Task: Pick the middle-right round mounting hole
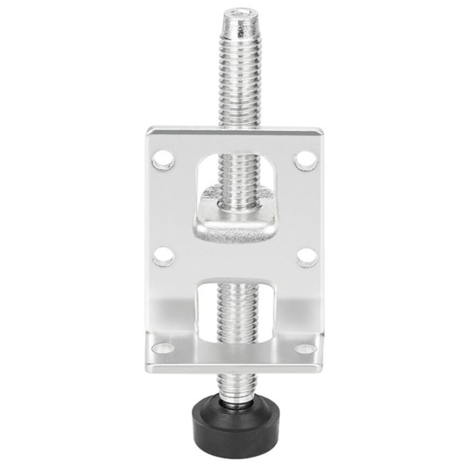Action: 305,257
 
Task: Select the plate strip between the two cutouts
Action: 234,260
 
